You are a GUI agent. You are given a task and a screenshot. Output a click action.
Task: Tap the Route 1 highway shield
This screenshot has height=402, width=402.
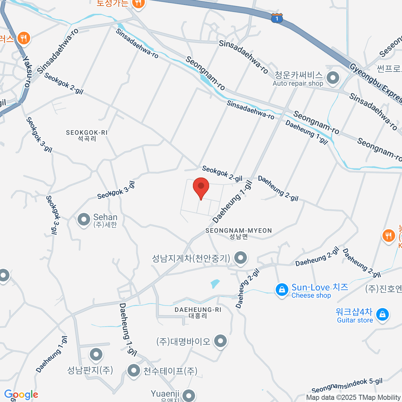tap(277, 18)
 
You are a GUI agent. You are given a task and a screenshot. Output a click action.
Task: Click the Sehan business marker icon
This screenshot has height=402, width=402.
tap(84, 220)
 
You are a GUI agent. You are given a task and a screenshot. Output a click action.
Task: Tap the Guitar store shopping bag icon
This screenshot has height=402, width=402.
tap(382, 315)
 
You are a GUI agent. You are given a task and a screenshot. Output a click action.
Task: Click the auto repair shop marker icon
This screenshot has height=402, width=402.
tap(333, 78)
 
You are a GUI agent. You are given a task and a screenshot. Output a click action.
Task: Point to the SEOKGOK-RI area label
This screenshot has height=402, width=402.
tap(87, 135)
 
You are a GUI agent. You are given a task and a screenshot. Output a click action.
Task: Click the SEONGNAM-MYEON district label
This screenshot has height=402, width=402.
tap(239, 233)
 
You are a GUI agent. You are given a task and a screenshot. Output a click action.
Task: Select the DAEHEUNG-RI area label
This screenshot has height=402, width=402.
tap(198, 312)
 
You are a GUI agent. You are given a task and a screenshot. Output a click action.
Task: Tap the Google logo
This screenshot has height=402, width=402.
tap(21, 395)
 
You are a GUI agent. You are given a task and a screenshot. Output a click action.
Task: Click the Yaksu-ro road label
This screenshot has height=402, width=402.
tap(26, 71)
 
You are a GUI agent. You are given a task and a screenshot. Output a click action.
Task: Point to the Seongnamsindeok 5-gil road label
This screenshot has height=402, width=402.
tap(347, 386)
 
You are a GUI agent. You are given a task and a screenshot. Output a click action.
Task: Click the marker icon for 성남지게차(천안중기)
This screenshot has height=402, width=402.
tap(240, 258)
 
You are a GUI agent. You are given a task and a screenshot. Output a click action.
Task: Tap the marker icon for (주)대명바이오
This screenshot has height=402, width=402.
tap(220, 341)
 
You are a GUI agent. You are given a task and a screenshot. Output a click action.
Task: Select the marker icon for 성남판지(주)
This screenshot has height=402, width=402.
tap(96, 354)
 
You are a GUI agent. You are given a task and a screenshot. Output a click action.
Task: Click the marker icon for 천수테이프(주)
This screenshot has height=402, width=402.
tap(134, 371)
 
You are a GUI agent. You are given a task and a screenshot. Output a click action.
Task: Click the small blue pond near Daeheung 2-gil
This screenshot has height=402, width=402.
tap(215, 284)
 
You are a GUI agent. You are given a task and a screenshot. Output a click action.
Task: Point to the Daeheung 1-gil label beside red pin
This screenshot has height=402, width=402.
tap(232, 202)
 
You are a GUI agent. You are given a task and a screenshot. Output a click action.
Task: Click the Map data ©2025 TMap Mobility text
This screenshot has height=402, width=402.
tap(353, 397)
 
